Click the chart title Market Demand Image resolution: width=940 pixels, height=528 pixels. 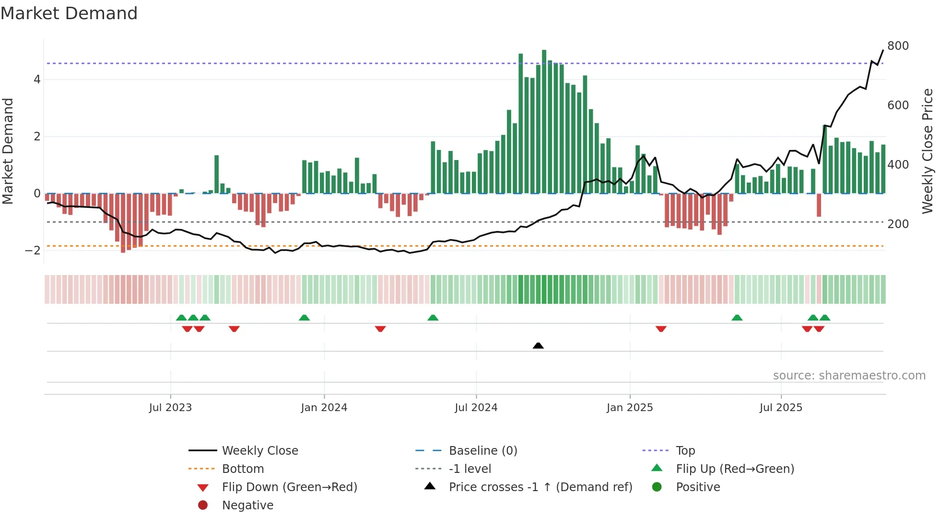pos(69,13)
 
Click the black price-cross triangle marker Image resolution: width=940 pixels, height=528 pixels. pos(538,345)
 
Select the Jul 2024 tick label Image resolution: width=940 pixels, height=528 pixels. pos(476,408)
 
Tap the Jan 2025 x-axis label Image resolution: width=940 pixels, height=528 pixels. pos(629,408)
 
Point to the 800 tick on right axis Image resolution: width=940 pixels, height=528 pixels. pos(898,46)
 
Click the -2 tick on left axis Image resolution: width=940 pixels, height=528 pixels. pos(33,251)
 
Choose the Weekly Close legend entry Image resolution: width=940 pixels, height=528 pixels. pos(259,451)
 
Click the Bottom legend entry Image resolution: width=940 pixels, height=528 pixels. pos(243,469)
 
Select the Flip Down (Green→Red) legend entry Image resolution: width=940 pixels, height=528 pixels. pos(289,487)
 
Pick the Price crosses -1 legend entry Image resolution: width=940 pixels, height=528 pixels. pos(540,487)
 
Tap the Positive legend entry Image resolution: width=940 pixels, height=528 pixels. pos(698,487)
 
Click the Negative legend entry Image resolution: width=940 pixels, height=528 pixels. pos(247,505)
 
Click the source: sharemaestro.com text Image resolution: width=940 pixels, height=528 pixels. pos(849,376)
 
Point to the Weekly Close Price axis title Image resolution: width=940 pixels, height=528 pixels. pos(928,151)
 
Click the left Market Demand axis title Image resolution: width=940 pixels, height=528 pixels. pos(8,151)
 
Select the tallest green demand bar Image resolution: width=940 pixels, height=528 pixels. pos(544,122)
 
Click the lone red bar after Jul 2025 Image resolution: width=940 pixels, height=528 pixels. pos(819,205)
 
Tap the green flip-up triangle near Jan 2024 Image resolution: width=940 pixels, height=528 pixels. pos(304,318)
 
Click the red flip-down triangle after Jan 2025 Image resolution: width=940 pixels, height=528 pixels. pos(661,329)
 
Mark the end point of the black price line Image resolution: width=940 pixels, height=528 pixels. pos(883,50)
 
